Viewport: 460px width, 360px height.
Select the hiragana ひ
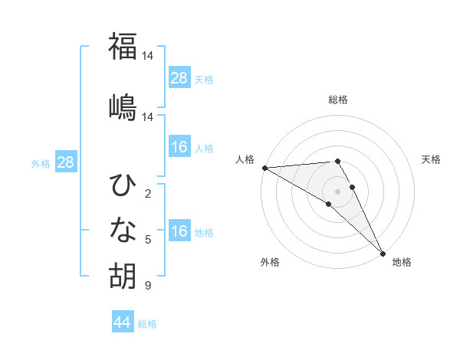[123, 186]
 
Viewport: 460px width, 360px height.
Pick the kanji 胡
[123, 275]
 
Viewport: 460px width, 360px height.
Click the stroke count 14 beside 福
[149, 56]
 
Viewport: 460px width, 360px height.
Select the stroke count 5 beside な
[148, 240]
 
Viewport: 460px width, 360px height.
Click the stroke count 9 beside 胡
[148, 286]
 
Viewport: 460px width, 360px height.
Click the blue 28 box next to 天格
[179, 77]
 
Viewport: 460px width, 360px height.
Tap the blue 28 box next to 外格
[65, 162]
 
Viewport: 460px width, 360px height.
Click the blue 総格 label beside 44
[147, 324]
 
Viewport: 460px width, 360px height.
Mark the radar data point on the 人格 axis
[264, 168]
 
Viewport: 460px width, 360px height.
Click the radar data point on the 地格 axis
[382, 254]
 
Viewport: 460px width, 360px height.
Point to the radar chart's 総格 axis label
[338, 100]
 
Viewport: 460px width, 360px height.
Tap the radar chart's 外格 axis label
[270, 263]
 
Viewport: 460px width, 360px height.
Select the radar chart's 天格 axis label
[432, 159]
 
